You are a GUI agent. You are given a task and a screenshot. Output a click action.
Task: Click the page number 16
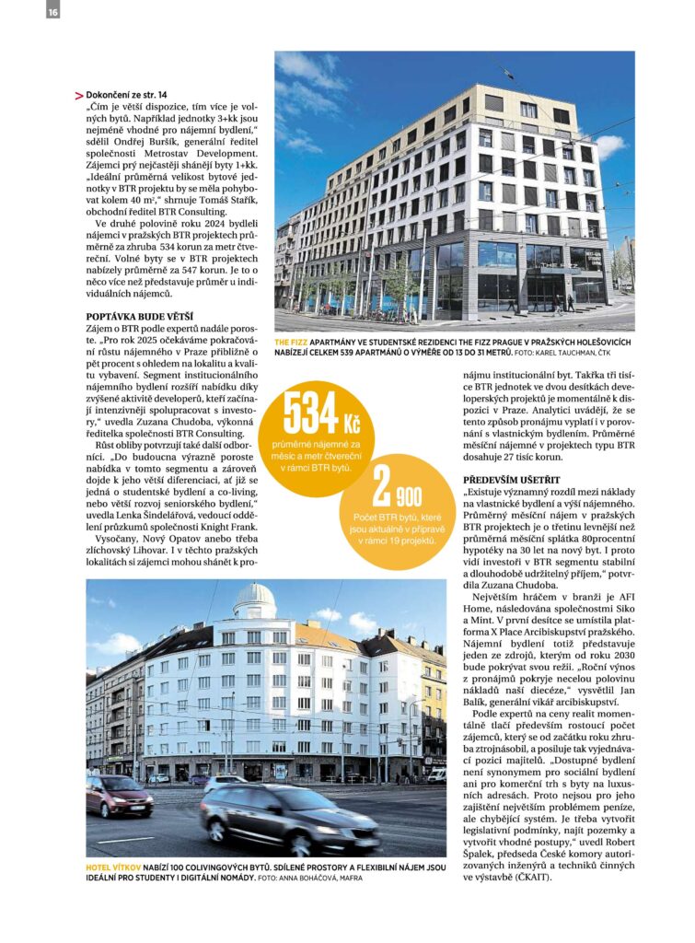pos(52,10)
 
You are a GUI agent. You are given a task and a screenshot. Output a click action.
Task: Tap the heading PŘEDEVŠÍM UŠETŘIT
pos(512,480)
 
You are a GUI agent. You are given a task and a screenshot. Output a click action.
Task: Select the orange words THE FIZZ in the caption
pos(293,342)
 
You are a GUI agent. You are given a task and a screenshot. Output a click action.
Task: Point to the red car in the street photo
pos(120,795)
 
